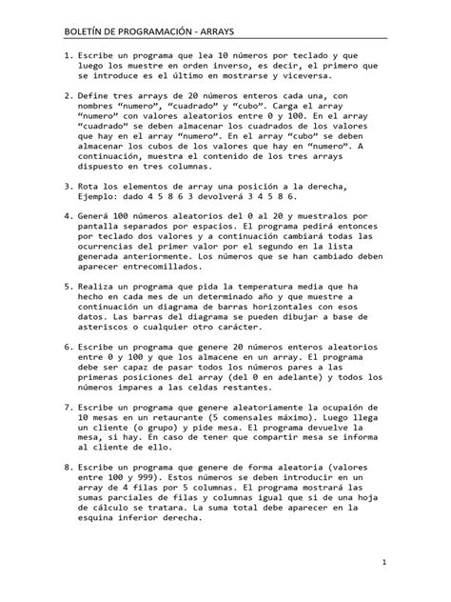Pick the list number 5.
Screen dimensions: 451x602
[x=65, y=284]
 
